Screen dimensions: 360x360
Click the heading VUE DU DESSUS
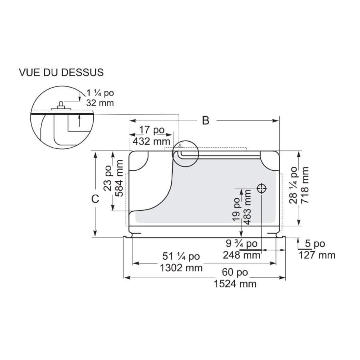click(x=61, y=72)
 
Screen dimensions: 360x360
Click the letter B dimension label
click(x=206, y=120)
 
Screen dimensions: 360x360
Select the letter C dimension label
click(x=95, y=199)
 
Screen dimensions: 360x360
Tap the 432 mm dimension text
click(x=152, y=141)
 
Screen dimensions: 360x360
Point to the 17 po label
click(x=152, y=130)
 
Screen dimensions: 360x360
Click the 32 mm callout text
click(x=100, y=103)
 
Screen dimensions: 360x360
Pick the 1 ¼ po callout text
click(x=100, y=93)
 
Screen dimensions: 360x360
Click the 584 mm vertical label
click(x=119, y=178)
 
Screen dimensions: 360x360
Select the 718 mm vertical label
click(x=304, y=185)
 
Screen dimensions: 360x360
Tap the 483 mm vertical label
click(x=247, y=207)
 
